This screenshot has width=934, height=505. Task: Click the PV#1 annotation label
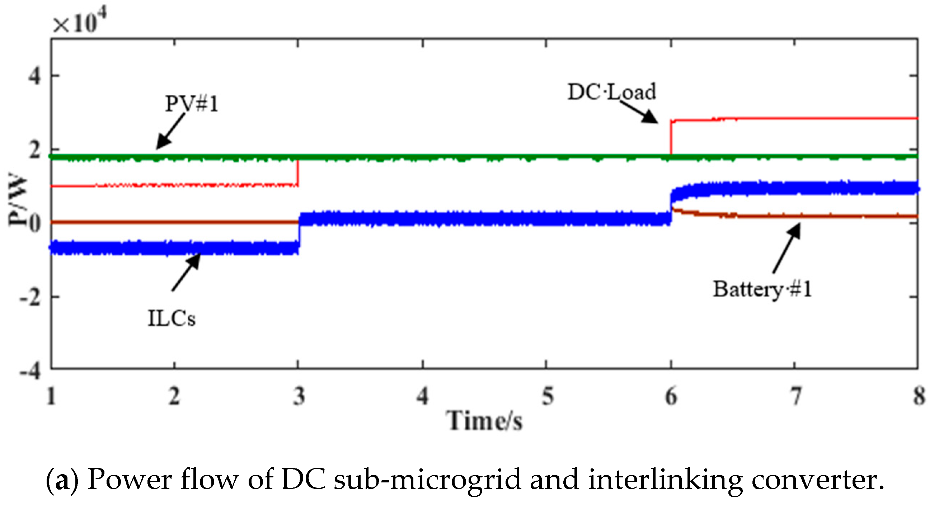click(x=192, y=104)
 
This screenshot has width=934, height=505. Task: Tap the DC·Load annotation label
click(x=612, y=92)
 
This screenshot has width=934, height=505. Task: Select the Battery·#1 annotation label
click(x=762, y=289)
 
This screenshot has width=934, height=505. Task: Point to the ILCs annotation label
click(x=172, y=318)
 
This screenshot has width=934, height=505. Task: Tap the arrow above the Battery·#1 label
click(x=787, y=248)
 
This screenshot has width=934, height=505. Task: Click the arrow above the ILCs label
click(x=186, y=272)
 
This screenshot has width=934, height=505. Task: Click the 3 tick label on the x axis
click(x=299, y=396)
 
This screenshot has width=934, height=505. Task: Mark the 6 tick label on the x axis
click(x=671, y=396)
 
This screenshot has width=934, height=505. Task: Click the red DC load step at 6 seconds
click(x=671, y=138)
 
